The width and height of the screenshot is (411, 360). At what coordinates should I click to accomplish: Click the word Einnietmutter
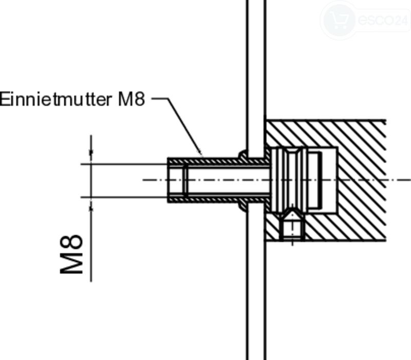point(55,100)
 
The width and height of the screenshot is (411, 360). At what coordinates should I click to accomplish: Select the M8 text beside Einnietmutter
point(132,100)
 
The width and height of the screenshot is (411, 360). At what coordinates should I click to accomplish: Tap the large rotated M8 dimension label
point(71,254)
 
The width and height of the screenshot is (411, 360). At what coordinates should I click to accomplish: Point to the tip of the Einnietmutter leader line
point(202,156)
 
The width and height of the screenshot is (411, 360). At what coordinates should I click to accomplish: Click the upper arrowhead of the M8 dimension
point(91,153)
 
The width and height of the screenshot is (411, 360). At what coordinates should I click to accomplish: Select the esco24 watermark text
point(383,20)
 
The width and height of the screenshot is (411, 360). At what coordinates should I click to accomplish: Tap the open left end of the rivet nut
point(169,180)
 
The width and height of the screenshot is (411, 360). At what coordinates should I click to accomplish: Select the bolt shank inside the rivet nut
point(228,180)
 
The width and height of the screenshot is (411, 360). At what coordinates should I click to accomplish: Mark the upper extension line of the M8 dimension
point(124,164)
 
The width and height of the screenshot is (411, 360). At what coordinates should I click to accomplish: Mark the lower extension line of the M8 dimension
point(124,197)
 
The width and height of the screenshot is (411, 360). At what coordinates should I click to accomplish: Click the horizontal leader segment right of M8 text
point(160,99)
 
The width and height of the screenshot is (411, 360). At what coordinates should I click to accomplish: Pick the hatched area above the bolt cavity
point(325,134)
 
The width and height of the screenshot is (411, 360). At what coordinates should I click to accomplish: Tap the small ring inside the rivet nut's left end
point(185,180)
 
